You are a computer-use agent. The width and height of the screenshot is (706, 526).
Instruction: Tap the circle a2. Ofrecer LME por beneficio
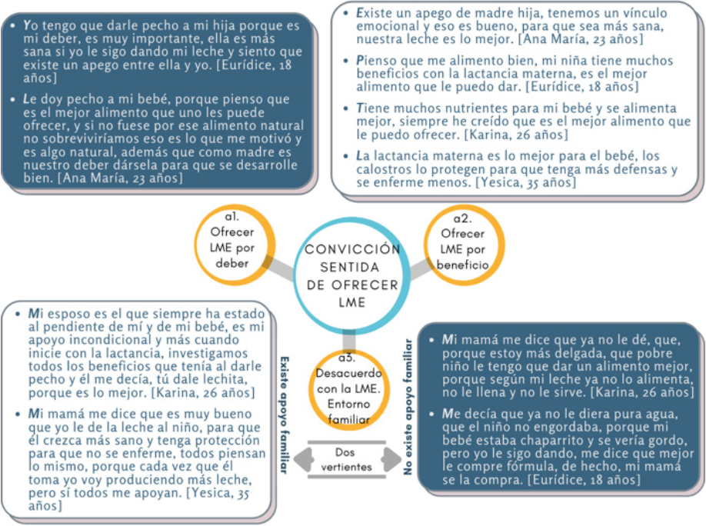(x=463, y=243)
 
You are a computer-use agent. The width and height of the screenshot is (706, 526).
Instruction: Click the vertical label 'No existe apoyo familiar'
(x=408, y=407)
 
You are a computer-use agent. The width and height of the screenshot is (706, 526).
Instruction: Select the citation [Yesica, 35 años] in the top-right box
(x=525, y=182)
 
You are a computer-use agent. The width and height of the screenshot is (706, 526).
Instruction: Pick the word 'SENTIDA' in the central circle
(x=352, y=268)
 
